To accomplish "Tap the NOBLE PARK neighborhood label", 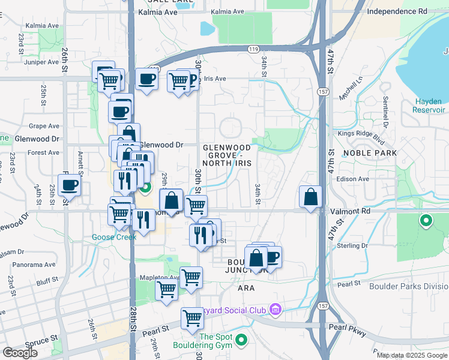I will point(370,153).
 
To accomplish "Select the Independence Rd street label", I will point(397,11).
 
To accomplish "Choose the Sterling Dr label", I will point(353,245).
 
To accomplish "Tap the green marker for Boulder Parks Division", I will point(426,221).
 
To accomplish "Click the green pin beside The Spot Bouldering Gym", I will point(241,341).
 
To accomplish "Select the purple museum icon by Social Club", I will point(276,310).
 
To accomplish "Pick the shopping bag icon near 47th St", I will point(310,197).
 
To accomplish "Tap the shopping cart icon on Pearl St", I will point(192,317).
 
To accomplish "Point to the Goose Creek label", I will point(114,237).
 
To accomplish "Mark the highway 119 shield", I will point(255,49).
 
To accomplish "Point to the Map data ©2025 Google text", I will point(412,355).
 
